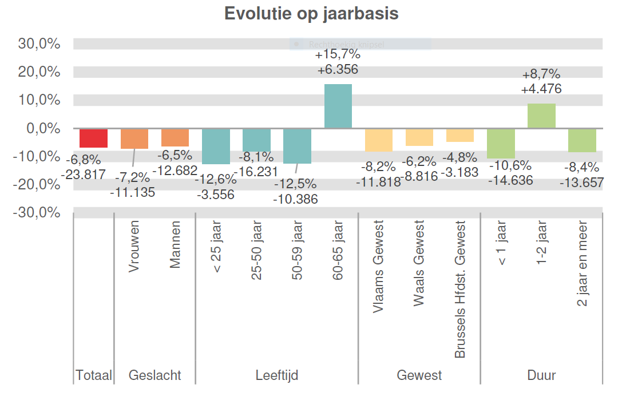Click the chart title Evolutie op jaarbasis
(x=311, y=14)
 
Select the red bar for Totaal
(x=93, y=138)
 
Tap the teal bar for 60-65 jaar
(x=338, y=106)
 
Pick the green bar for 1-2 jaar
(x=541, y=116)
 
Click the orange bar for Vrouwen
(x=134, y=138)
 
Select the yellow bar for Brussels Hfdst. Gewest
(x=460, y=135)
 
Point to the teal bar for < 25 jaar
(x=216, y=146)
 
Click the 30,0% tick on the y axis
(x=39, y=44)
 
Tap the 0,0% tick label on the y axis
(x=43, y=128)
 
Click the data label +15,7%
(x=338, y=55)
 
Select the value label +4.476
(x=541, y=89)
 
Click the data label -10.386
(x=295, y=199)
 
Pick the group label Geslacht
(x=154, y=375)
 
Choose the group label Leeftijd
(x=276, y=375)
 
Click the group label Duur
(x=541, y=375)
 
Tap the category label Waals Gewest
(x=419, y=263)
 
